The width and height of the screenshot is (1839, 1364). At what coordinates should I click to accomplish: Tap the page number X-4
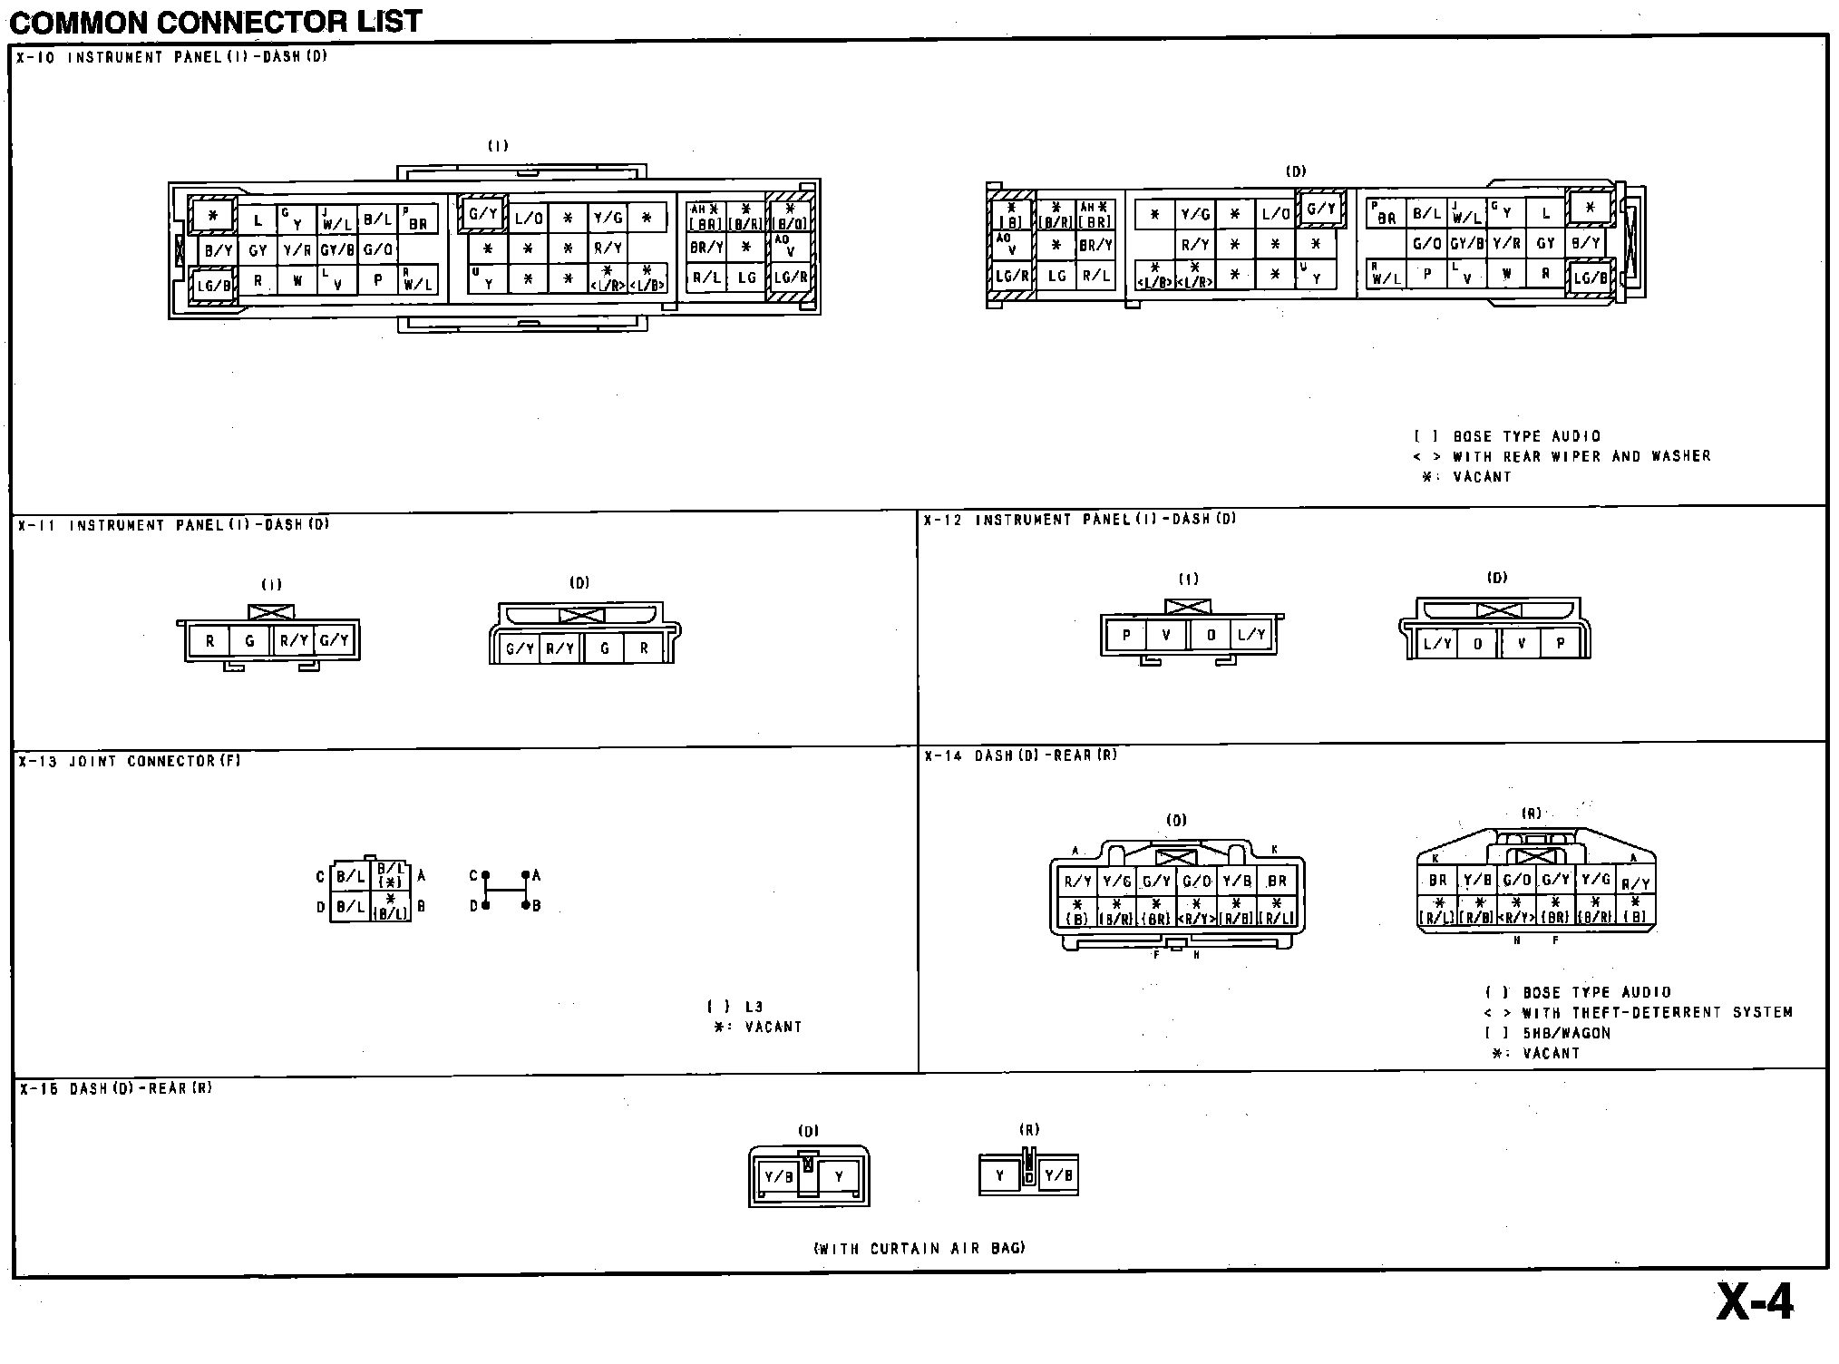coord(1754,1303)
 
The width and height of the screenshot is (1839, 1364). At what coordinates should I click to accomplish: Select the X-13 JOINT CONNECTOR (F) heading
coord(130,762)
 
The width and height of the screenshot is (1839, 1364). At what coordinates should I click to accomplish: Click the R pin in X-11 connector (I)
coord(209,641)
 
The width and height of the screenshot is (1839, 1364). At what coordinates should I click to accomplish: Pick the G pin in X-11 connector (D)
coord(605,648)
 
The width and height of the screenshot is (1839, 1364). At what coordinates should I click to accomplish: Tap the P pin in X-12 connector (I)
coord(1126,636)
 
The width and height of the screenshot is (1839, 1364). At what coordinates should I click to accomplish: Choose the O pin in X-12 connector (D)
coord(1478,644)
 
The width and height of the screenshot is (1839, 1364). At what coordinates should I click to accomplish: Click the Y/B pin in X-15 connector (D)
coord(779,1177)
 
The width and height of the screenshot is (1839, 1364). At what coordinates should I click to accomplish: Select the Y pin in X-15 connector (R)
coord(1000,1176)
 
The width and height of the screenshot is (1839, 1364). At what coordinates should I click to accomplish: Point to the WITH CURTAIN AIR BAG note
coord(919,1249)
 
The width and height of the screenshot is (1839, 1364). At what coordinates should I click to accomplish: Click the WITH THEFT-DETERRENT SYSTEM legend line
coord(1638,1013)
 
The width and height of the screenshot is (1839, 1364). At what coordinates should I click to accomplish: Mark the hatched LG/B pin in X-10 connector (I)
coord(215,287)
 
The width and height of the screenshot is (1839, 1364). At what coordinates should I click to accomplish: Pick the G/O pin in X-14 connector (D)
coord(1196,881)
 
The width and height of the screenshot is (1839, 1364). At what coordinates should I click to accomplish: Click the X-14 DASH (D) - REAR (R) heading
coord(1021,755)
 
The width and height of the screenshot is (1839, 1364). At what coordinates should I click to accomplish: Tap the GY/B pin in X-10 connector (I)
coord(337,250)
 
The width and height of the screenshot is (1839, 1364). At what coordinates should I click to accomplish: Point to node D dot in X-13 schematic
coord(486,905)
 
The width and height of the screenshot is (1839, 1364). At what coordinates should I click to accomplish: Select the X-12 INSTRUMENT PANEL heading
coord(1080,520)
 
